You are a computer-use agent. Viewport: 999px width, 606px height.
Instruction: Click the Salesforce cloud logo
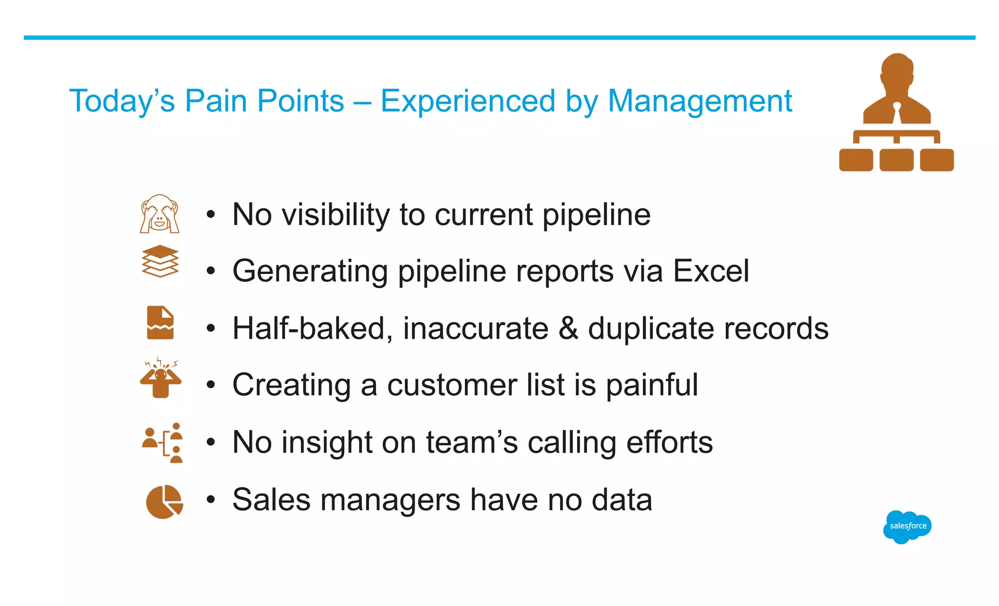pyautogui.click(x=907, y=527)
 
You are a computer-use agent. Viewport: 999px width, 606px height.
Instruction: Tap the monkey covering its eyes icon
pyautogui.click(x=160, y=214)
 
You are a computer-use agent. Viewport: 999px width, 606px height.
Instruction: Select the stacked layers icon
pyautogui.click(x=160, y=261)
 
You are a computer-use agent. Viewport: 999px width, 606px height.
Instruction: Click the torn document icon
pyautogui.click(x=160, y=323)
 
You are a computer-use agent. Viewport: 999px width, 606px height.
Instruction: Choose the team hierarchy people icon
pyautogui.click(x=163, y=443)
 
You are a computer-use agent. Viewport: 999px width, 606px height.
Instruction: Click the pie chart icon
pyautogui.click(x=164, y=502)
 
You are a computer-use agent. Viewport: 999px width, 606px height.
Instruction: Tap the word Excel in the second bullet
pyautogui.click(x=711, y=271)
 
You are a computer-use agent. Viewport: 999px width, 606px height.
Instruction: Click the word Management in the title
pyautogui.click(x=699, y=101)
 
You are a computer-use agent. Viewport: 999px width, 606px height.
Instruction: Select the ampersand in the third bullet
pyautogui.click(x=568, y=328)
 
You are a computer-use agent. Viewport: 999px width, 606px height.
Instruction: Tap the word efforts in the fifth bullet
pyautogui.click(x=669, y=442)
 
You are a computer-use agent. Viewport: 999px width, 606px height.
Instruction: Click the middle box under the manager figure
pyautogui.click(x=896, y=160)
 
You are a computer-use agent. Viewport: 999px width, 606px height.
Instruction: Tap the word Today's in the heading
pyautogui.click(x=122, y=101)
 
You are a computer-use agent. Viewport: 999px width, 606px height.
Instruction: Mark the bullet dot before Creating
pyautogui.click(x=210, y=385)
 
